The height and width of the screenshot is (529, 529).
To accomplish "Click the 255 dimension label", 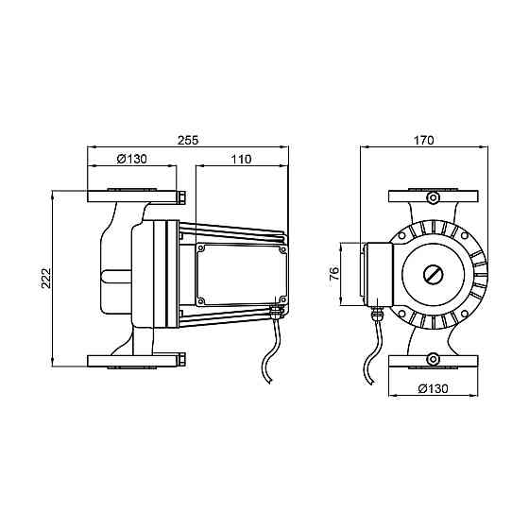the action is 188,140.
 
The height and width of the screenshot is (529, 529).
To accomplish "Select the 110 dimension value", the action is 241,159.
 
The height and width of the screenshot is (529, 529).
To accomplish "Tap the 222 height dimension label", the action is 46,278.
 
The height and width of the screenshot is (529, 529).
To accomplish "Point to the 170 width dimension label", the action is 424,140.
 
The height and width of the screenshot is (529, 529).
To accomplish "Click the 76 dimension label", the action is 334,274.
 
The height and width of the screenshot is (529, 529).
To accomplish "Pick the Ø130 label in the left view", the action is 132,159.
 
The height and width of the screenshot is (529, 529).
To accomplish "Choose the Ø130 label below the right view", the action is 434,388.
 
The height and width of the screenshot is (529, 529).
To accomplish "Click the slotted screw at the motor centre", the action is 434,274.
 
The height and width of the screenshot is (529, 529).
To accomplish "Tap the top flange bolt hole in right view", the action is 433,197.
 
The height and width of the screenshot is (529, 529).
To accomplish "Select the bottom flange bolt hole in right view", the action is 433,359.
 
